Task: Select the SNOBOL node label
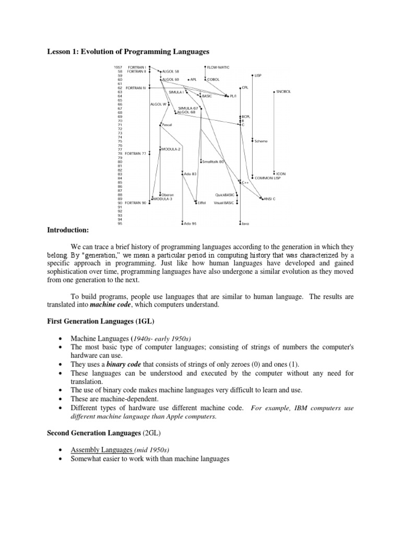[x=284, y=92]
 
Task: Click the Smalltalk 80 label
[x=213, y=161]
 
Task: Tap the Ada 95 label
[x=190, y=223]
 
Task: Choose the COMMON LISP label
[x=267, y=178]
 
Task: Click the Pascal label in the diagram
[x=167, y=125]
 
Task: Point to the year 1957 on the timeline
[x=118, y=67]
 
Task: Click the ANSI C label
[x=269, y=199]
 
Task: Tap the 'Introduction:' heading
[x=68, y=230]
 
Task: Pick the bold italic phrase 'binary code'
[x=125, y=364]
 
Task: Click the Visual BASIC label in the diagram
[x=224, y=203]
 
